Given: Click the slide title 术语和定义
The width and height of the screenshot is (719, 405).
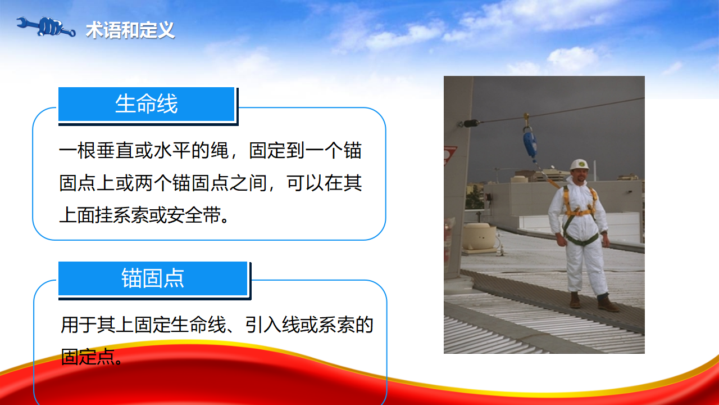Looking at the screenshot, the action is point(130,30).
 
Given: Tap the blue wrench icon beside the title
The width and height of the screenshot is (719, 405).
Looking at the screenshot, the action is point(46,27).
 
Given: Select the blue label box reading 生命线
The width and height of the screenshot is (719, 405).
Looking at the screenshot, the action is point(147,104).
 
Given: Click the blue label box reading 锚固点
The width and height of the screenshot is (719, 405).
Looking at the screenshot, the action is point(153,278).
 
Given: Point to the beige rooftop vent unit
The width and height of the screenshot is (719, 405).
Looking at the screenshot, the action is point(479,237).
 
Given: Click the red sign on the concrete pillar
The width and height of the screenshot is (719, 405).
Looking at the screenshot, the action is point(450,156).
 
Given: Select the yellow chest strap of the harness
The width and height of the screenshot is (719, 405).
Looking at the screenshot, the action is point(579,212).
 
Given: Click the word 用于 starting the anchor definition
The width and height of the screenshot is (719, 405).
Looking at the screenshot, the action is point(79,325).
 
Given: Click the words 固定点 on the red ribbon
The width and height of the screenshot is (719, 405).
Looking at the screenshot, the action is point(88,357).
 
